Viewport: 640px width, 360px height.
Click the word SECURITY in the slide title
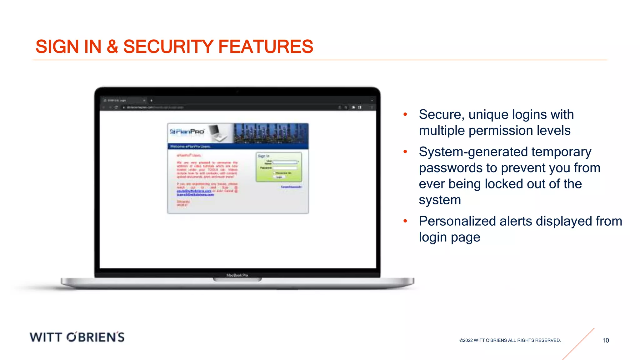tap(168, 47)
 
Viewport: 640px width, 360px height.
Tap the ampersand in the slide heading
tap(112, 47)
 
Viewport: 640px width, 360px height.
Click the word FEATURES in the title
tap(266, 47)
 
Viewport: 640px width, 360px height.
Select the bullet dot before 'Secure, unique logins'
tap(405, 115)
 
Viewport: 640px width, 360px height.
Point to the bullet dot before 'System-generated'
tap(405, 152)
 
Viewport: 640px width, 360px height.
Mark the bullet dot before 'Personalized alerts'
tap(405, 221)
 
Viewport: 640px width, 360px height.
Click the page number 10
tap(606, 340)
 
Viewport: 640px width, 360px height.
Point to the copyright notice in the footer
tap(510, 340)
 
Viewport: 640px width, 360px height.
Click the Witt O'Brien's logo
tap(77, 337)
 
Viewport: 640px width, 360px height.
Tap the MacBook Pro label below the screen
tap(237, 275)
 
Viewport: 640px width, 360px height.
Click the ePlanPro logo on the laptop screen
tap(187, 132)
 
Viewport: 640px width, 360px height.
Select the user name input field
tap(285, 162)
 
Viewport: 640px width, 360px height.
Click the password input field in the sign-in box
tap(285, 168)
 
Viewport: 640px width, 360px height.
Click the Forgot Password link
tap(291, 187)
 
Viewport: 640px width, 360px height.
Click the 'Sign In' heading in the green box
tap(263, 156)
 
